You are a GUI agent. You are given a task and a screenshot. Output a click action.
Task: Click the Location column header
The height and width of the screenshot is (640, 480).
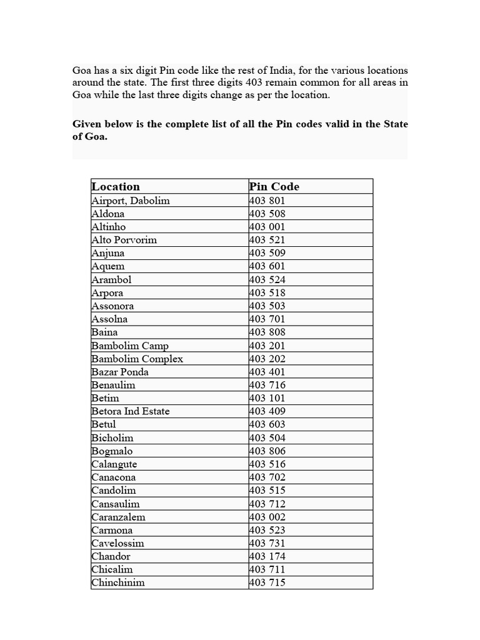point(116,186)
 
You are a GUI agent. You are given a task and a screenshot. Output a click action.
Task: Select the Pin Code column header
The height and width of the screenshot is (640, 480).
point(274,186)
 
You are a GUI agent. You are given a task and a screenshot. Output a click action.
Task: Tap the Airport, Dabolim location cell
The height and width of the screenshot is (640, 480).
point(131,201)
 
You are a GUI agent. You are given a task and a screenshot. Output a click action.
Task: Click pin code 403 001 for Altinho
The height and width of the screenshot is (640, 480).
point(267,227)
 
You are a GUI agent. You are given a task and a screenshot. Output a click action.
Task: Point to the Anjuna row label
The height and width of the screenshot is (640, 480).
point(107,253)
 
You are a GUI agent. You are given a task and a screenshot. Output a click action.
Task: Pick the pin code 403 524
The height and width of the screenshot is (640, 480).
point(267,280)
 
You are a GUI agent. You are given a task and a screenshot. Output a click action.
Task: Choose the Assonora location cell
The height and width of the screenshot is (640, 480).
point(112,306)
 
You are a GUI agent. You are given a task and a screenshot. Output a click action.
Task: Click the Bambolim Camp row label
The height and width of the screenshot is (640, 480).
point(130,346)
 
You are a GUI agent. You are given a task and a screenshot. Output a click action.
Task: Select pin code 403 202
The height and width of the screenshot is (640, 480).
point(267,359)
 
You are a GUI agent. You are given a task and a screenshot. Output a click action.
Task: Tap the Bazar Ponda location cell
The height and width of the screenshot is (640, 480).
point(120,372)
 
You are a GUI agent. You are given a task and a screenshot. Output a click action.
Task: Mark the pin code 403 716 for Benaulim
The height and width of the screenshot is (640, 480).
point(267,385)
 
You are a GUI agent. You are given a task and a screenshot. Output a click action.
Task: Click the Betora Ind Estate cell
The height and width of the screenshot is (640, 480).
point(131,411)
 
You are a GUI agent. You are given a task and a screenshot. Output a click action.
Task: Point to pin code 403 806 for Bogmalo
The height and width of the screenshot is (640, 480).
point(267,451)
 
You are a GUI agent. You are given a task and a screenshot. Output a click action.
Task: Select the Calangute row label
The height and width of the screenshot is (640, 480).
point(114,464)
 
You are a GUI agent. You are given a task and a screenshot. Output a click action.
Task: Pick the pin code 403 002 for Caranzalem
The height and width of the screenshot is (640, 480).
point(267,517)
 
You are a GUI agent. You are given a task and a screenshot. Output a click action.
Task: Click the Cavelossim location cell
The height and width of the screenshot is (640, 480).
point(117,543)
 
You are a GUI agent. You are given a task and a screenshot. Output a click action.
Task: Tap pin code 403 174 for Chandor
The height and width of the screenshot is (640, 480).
point(267,556)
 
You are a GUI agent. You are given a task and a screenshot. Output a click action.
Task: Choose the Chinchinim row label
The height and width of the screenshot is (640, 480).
point(118,582)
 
